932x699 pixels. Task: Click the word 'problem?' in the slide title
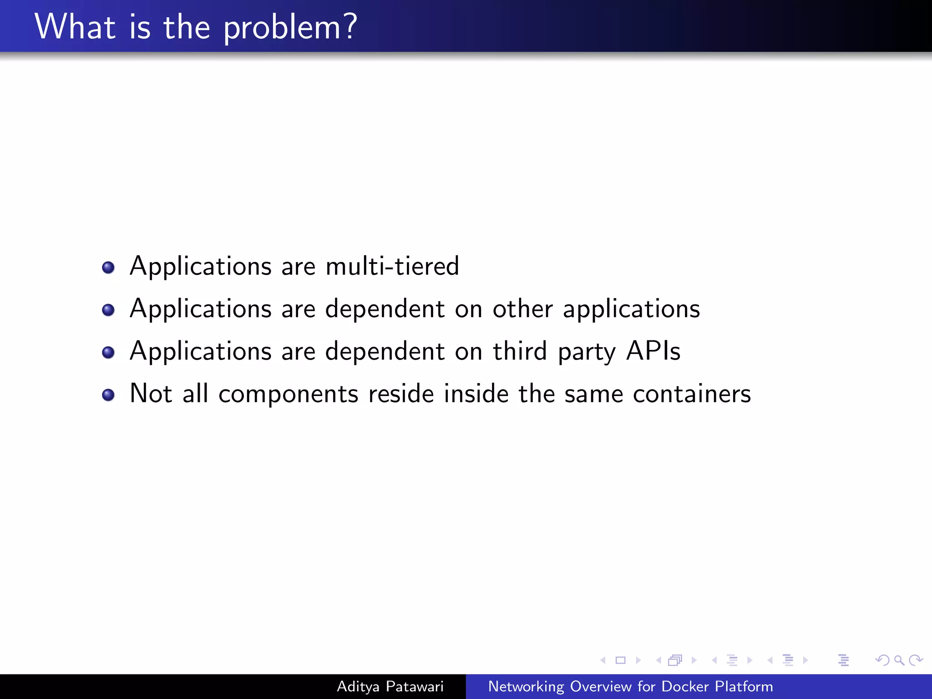[290, 28]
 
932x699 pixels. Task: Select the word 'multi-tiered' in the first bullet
[392, 266]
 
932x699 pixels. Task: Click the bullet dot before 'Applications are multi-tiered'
[108, 268]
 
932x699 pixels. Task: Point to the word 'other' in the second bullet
[522, 309]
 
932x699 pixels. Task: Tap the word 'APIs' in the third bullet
[653, 351]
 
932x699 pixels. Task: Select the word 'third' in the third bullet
[520, 351]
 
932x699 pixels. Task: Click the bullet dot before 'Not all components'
[108, 395]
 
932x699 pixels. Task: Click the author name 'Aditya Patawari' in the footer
[390, 686]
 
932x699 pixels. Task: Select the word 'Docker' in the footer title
[684, 686]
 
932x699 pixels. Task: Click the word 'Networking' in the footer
[526, 687]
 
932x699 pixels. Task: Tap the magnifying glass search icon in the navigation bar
[899, 660]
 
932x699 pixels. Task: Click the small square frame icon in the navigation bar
[620, 660]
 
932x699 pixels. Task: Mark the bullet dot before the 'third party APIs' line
[108, 353]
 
